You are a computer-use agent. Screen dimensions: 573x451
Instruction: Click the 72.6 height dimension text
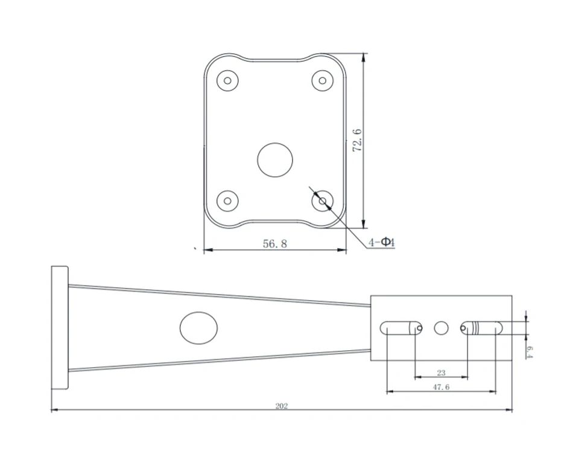pos(357,140)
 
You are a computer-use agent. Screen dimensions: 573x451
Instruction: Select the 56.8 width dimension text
pos(275,243)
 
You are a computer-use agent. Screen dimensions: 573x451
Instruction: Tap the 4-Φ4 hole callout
pos(382,242)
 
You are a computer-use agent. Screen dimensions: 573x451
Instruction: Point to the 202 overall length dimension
pos(282,406)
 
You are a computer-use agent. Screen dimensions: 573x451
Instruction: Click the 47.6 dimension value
pos(441,387)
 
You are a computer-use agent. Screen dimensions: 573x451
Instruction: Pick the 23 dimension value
pos(441,373)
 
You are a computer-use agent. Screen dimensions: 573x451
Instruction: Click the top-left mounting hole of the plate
pos(227,80)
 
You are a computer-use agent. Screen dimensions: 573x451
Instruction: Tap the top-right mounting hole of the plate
pos(322,80)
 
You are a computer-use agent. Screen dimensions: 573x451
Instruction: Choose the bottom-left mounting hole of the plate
pos(227,201)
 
